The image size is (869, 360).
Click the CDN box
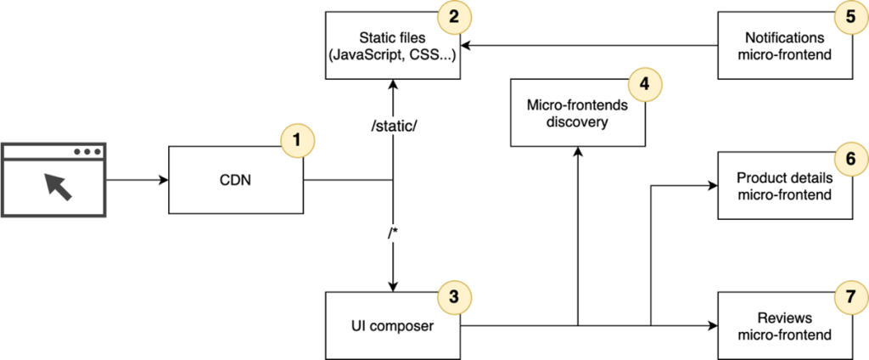pos(236,180)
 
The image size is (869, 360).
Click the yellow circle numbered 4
pos(642,86)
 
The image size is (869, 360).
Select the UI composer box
pos(393,324)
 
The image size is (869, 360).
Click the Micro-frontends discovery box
pos(577,113)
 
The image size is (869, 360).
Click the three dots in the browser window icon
pos(87,152)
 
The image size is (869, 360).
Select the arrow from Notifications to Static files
pos(590,46)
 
